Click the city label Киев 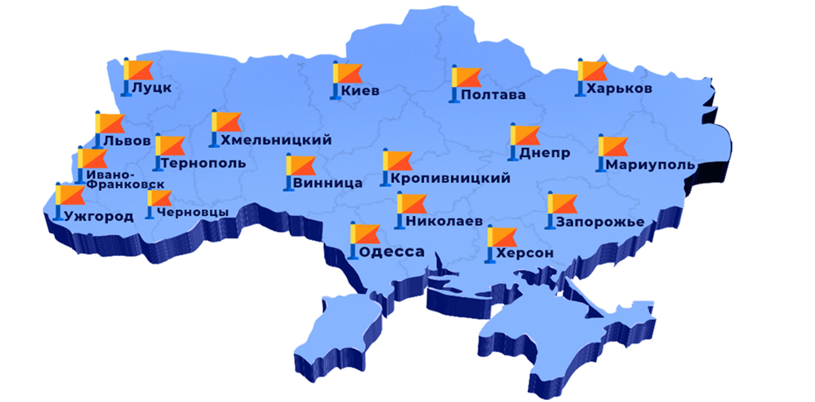pyautogui.click(x=360, y=91)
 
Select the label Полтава pyautogui.click(x=493, y=95)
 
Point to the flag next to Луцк pyautogui.click(x=138, y=70)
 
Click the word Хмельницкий pyautogui.click(x=276, y=140)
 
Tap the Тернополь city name pyautogui.click(x=204, y=163)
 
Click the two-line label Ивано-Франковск pyautogui.click(x=124, y=180)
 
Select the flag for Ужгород pyautogui.click(x=70, y=195)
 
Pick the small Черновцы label pyautogui.click(x=193, y=212)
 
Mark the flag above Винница pyautogui.click(x=301, y=166)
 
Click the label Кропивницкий pyautogui.click(x=450, y=178)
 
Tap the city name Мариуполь pyautogui.click(x=650, y=165)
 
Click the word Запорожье pyautogui.click(x=600, y=222)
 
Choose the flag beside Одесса pyautogui.click(x=365, y=234)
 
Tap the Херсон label pyautogui.click(x=525, y=253)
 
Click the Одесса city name pyautogui.click(x=392, y=252)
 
